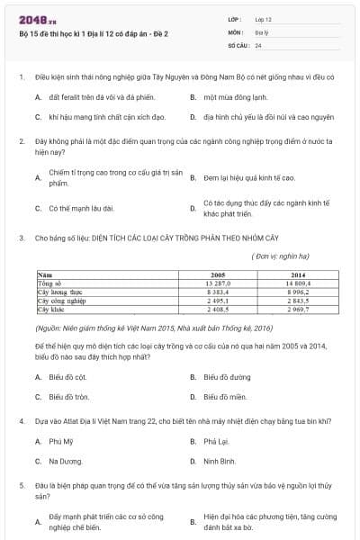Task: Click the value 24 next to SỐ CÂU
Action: pyautogui.click(x=258, y=45)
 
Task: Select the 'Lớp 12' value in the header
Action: pyautogui.click(x=263, y=18)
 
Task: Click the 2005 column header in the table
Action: pyautogui.click(x=217, y=274)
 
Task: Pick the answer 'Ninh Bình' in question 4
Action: pyautogui.click(x=220, y=462)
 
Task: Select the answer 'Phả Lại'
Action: pyautogui.click(x=216, y=442)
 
